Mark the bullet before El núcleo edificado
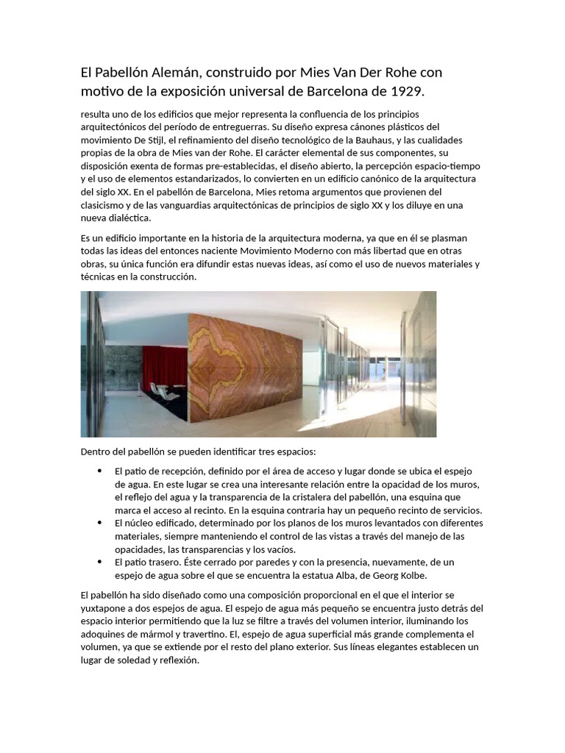pos(99,523)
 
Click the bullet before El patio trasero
pos(99,562)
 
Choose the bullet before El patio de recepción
pos(99,471)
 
